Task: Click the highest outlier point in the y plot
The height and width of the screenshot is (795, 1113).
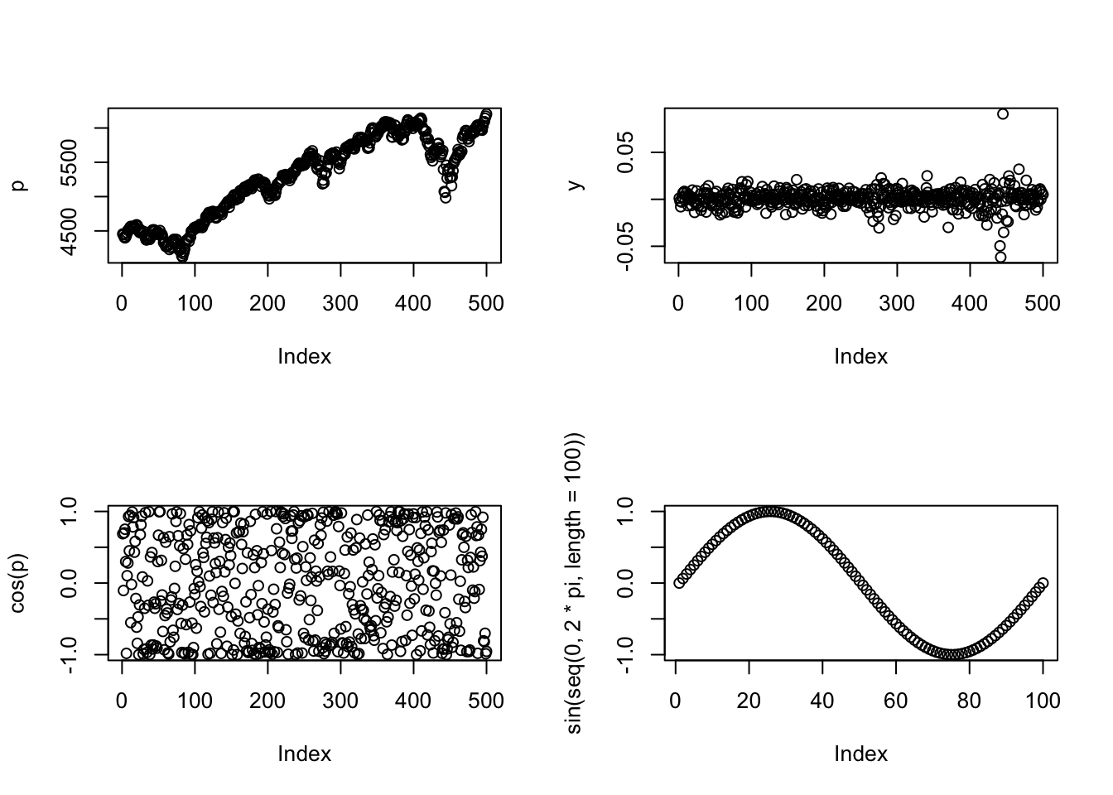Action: tap(1002, 114)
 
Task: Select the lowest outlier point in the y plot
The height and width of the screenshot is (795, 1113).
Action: tap(1000, 257)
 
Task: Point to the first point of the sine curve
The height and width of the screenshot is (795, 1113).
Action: tap(679, 583)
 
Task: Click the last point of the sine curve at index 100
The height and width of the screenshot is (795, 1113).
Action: tap(1043, 583)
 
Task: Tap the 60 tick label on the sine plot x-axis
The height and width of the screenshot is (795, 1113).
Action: tap(896, 701)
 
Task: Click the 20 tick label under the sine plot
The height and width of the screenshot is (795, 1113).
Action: tap(749, 701)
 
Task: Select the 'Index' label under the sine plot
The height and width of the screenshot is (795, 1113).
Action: tap(860, 754)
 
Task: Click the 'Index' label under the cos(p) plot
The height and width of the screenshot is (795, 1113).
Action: tap(304, 754)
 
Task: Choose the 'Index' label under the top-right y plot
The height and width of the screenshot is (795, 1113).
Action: tap(860, 356)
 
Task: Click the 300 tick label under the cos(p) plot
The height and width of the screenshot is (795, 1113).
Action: tap(340, 701)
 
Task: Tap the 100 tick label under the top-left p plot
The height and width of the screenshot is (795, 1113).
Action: tap(195, 303)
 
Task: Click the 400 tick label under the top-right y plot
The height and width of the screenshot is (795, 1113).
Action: tap(970, 303)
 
